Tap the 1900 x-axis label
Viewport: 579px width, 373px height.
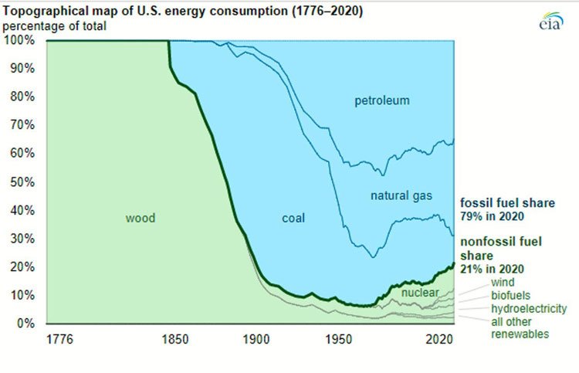pyautogui.click(x=252, y=339)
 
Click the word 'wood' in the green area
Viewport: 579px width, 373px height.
pyautogui.click(x=141, y=219)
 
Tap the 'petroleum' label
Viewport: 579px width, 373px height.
pyautogui.click(x=381, y=101)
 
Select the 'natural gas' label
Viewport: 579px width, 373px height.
pyautogui.click(x=400, y=196)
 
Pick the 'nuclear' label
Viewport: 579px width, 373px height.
pyautogui.click(x=419, y=293)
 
